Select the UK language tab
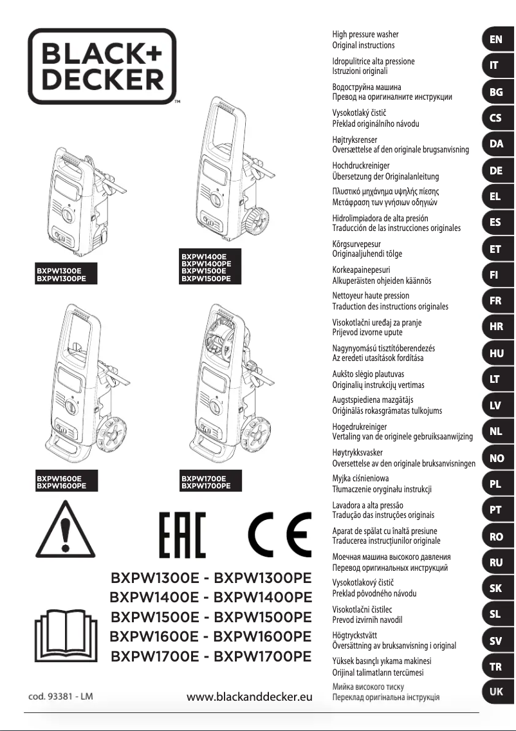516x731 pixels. (x=495, y=692)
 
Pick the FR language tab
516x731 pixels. (x=495, y=301)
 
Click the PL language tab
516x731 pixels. (x=495, y=484)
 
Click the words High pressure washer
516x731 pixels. (x=365, y=34)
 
